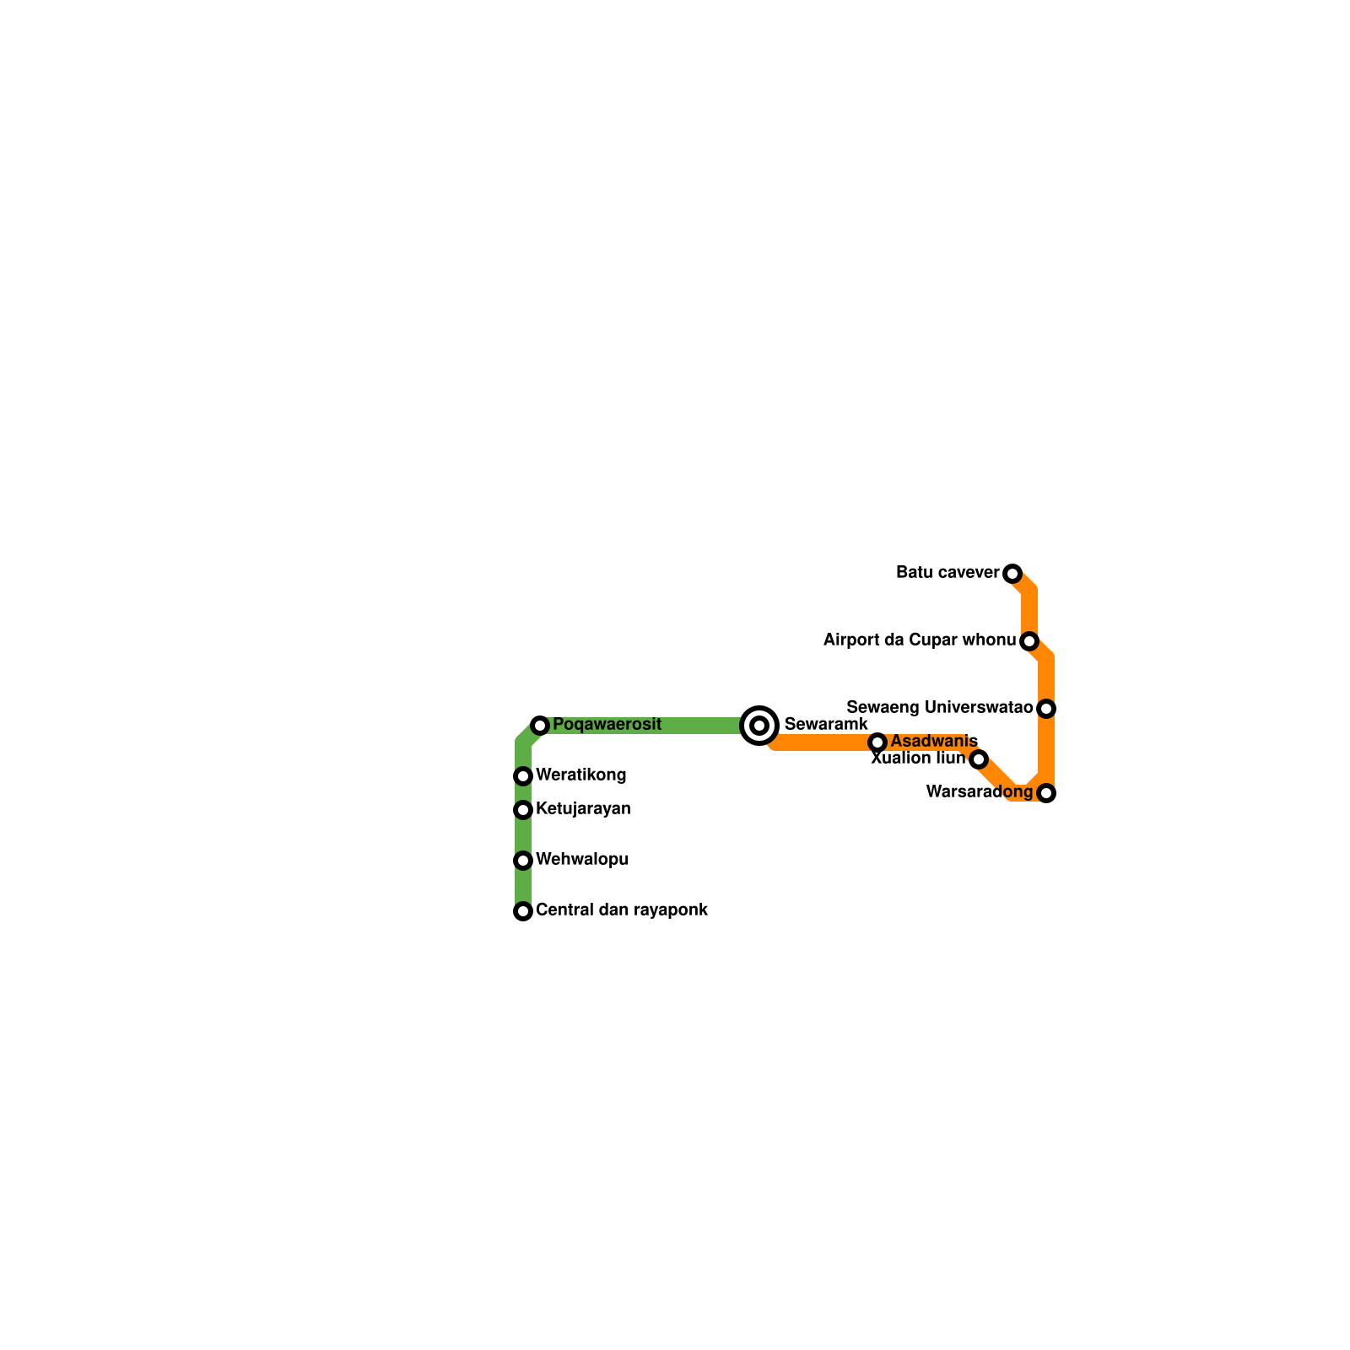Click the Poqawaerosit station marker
click(540, 726)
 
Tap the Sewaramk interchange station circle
click(759, 726)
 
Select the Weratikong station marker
click(523, 776)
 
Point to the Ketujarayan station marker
click(523, 810)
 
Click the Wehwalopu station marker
click(523, 861)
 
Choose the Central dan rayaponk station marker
click(523, 911)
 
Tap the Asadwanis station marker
click(877, 742)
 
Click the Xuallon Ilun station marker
click(979, 759)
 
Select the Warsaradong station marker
click(1046, 793)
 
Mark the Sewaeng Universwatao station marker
click(1046, 709)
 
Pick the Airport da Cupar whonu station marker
click(1029, 641)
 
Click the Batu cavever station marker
click(1012, 574)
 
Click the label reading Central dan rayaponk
click(622, 910)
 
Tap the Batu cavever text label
click(948, 573)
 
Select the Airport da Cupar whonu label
click(920, 640)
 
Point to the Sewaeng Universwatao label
click(940, 708)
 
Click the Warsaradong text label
click(980, 792)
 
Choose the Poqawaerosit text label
click(607, 725)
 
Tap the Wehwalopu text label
click(582, 860)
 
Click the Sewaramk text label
click(826, 725)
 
